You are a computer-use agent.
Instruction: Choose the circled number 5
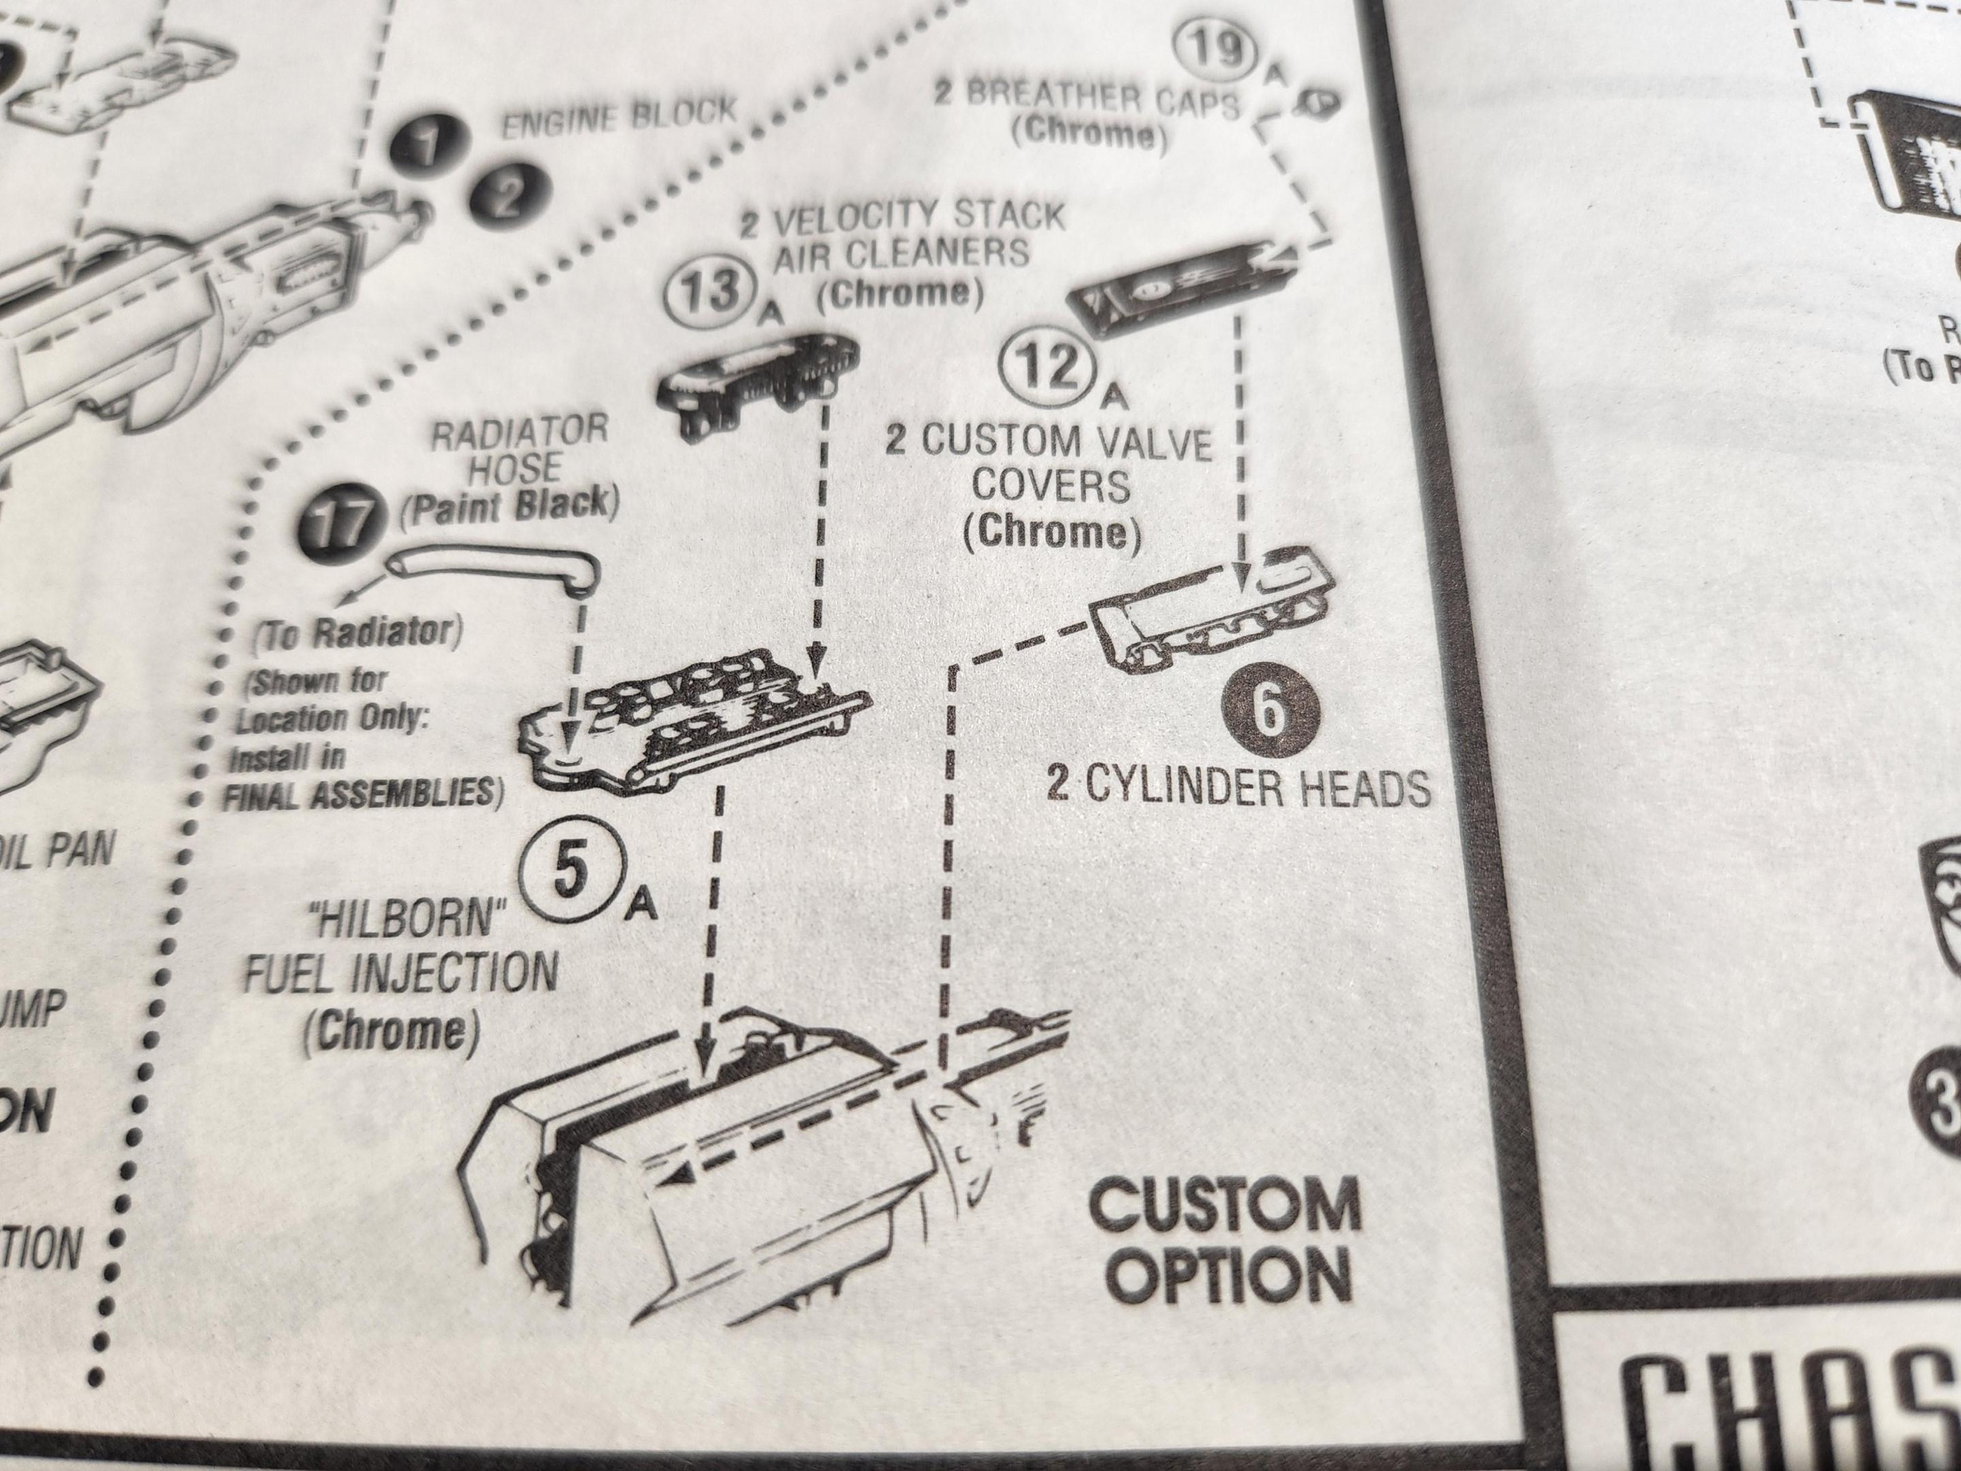571,875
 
